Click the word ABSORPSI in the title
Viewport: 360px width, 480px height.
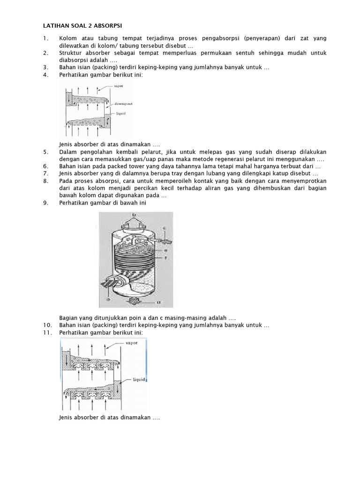(107, 25)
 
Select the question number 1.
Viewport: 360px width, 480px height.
(46, 38)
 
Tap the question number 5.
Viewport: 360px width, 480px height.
(46, 152)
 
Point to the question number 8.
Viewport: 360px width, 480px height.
(46, 181)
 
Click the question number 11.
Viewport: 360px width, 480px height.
(47, 333)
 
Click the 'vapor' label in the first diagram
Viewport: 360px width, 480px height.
(119, 86)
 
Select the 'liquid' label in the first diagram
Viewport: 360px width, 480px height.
(120, 113)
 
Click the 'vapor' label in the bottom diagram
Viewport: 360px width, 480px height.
(131, 343)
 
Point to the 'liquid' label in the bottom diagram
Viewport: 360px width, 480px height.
(140, 380)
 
